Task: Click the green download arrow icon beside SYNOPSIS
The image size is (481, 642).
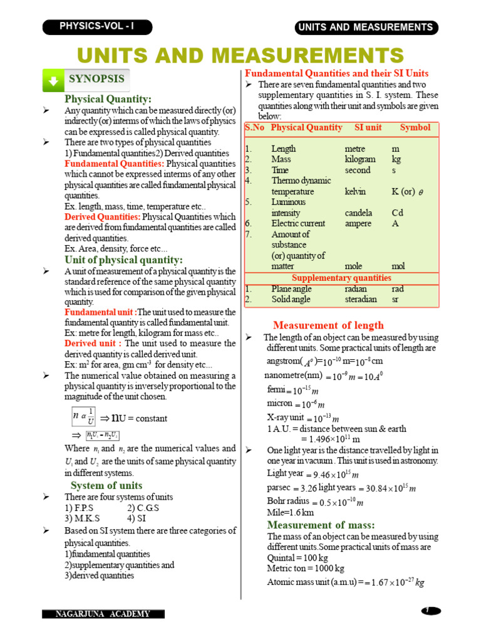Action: [x=54, y=81]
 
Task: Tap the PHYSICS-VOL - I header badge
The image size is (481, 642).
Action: [x=96, y=26]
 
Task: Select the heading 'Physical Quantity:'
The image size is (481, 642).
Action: [x=108, y=99]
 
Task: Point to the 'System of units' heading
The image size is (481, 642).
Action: [x=106, y=485]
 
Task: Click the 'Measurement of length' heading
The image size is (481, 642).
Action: [x=328, y=325]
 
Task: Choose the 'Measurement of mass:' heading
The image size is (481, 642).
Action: [x=321, y=525]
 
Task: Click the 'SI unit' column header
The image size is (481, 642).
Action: [x=368, y=127]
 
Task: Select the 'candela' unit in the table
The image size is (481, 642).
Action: [x=358, y=213]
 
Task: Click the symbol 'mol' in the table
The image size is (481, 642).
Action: [x=398, y=266]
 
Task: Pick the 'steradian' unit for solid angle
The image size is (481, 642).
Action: [x=361, y=299]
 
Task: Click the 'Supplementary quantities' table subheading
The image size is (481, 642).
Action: [x=341, y=278]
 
